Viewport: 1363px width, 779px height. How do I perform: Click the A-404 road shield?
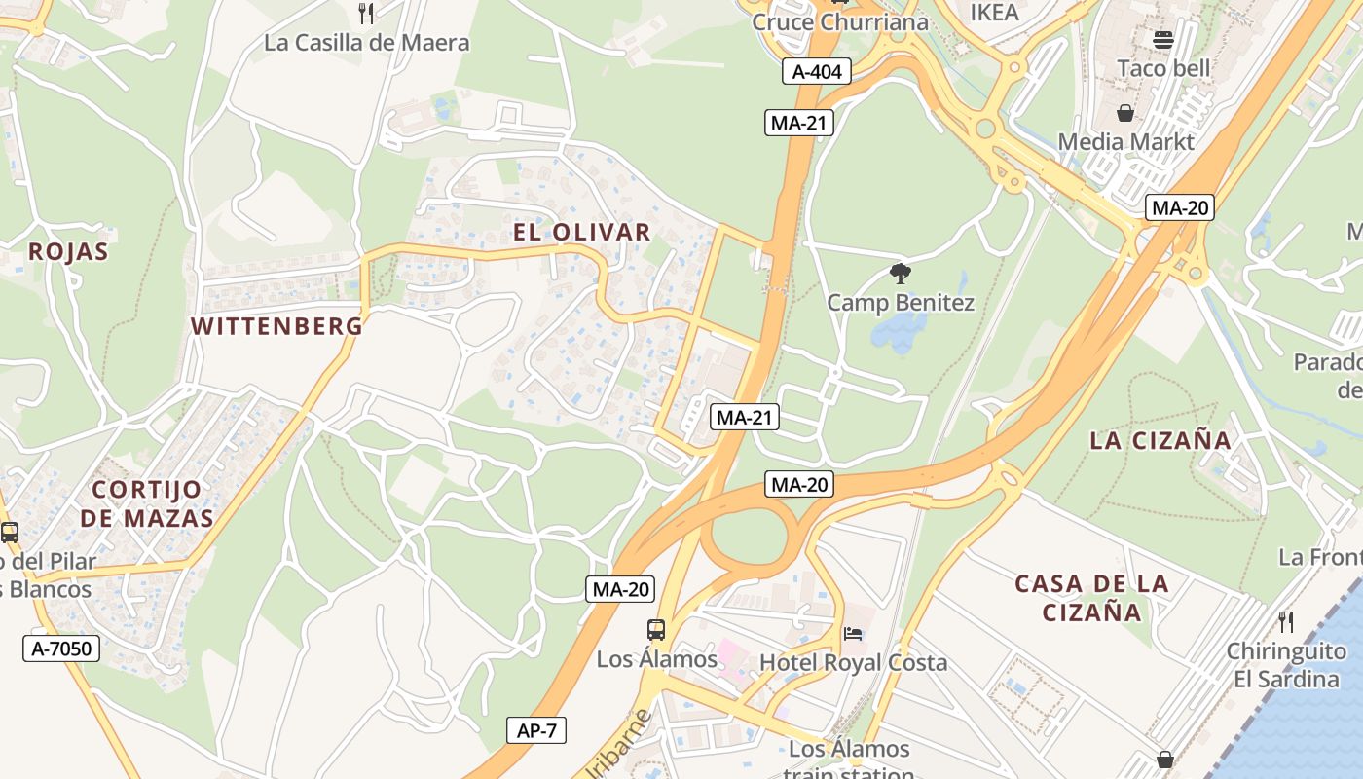click(x=817, y=71)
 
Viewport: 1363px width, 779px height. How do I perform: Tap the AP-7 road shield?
click(x=536, y=730)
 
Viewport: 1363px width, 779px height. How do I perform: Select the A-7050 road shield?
click(x=61, y=649)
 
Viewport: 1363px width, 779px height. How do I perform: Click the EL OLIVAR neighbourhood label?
click(x=582, y=232)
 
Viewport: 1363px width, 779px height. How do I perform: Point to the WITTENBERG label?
click(x=277, y=326)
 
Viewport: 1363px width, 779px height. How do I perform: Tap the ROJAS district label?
click(x=68, y=251)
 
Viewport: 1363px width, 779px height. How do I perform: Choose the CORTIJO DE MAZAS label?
click(x=147, y=503)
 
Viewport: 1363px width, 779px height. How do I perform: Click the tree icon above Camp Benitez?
click(x=901, y=274)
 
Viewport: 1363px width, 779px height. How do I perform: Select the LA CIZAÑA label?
click(x=1160, y=440)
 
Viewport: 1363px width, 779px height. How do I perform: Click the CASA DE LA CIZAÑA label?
click(x=1091, y=598)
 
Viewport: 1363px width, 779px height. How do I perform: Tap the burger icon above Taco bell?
click(x=1163, y=40)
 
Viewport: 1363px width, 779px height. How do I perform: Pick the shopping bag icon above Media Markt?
click(x=1125, y=114)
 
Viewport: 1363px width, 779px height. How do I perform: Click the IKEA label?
click(x=995, y=13)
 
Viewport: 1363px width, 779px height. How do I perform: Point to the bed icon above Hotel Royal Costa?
click(x=853, y=635)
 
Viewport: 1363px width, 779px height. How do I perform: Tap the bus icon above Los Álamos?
click(x=656, y=630)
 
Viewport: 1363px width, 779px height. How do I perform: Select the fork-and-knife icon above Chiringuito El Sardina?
click(x=1286, y=621)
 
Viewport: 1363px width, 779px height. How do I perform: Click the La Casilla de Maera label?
click(x=367, y=43)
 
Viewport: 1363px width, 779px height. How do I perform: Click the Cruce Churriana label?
click(x=840, y=21)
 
